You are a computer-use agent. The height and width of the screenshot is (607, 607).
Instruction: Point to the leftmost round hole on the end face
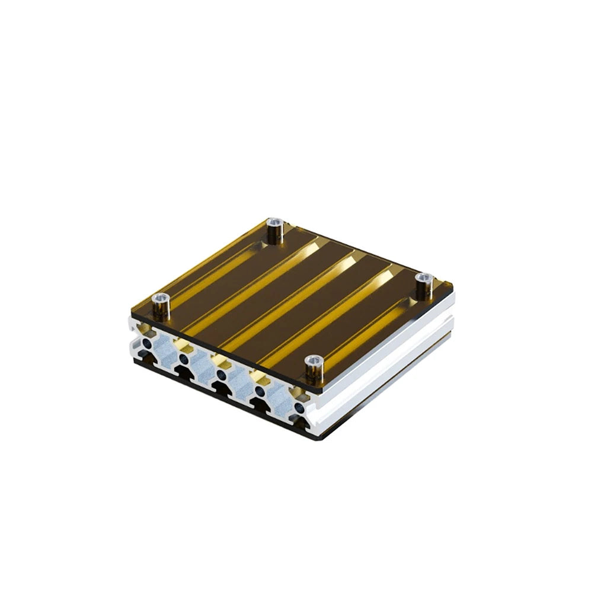[x=148, y=343]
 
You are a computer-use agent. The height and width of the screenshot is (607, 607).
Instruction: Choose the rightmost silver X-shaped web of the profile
[x=277, y=400]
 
